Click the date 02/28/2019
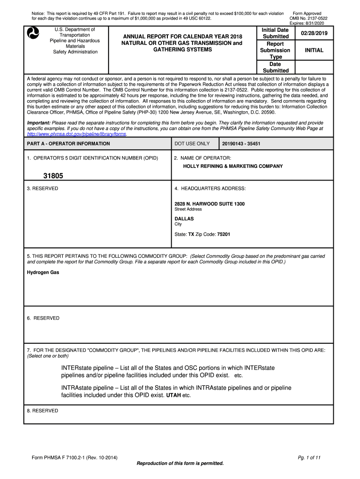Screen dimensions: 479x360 (x=314, y=34)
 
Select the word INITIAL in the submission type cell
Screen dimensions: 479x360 (x=314, y=50)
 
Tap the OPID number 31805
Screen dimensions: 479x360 (x=53, y=176)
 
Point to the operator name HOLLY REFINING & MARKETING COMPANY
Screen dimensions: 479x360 (x=233, y=166)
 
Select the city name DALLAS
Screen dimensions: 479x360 (x=184, y=218)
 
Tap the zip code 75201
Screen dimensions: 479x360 (x=223, y=234)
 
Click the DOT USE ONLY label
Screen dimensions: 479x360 (x=192, y=144)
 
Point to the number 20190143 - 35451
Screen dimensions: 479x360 (x=241, y=144)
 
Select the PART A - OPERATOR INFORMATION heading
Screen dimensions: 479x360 (x=68, y=144)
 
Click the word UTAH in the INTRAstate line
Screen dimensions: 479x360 (x=173, y=395)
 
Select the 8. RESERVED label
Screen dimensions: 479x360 (x=43, y=411)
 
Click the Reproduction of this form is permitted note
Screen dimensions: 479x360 (x=180, y=463)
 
